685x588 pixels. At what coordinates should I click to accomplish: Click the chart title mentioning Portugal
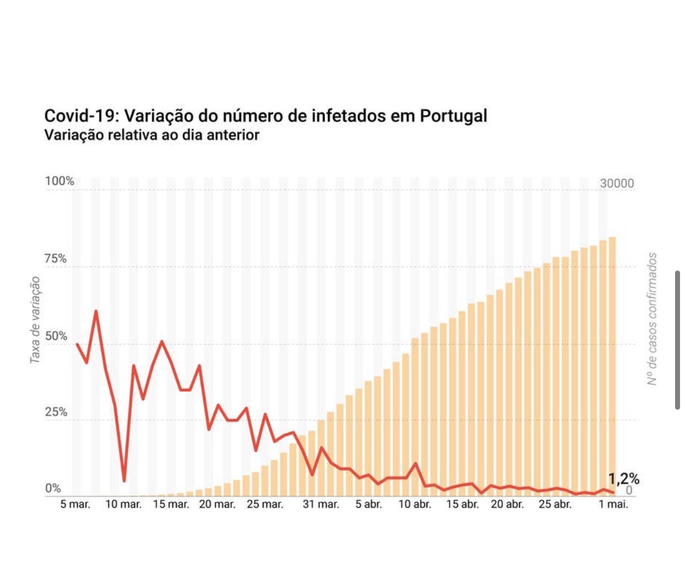click(x=265, y=116)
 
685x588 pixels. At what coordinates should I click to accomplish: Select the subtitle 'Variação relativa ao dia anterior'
click(x=152, y=135)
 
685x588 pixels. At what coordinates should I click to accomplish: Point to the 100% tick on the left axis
click(x=59, y=181)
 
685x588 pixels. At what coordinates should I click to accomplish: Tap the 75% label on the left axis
click(x=56, y=258)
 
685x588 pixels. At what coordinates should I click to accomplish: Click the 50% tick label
click(x=56, y=336)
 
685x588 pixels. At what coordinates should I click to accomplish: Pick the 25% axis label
click(x=56, y=412)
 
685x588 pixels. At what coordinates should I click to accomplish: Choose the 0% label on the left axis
click(x=53, y=488)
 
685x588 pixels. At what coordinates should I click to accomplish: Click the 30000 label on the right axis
click(x=617, y=183)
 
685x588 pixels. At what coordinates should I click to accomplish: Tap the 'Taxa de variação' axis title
click(x=35, y=320)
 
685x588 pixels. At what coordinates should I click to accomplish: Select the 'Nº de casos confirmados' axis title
click(x=652, y=319)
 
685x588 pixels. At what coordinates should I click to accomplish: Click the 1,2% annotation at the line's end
click(x=624, y=478)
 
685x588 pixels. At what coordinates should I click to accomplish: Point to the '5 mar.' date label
click(x=75, y=505)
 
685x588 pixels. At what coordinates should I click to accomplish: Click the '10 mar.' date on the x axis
click(x=123, y=505)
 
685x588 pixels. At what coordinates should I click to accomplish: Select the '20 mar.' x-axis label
click(x=217, y=505)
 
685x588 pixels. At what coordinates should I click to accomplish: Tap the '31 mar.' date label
click(x=320, y=505)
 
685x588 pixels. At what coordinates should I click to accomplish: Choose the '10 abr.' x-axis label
click(x=415, y=505)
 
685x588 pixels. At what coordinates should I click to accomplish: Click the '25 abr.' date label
click(x=555, y=505)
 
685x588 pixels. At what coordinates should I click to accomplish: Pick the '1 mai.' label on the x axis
click(x=613, y=505)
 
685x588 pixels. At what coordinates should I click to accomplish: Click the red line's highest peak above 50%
click(x=96, y=311)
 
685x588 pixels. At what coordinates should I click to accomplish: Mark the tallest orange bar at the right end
click(x=612, y=364)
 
